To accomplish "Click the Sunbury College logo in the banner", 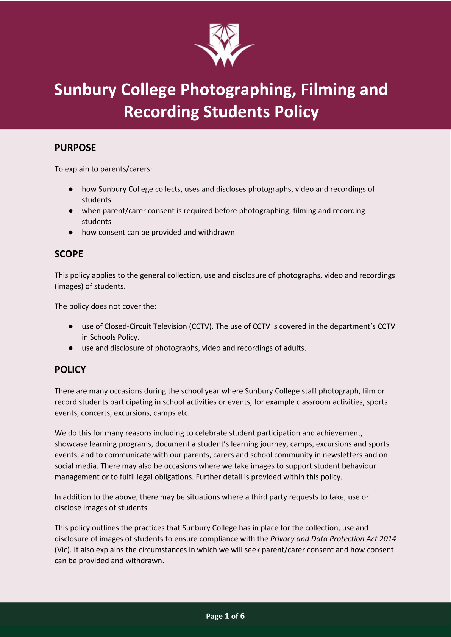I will [225, 45].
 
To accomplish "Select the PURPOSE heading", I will [75, 148].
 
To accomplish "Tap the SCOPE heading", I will [69, 254].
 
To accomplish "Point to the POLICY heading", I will [70, 370].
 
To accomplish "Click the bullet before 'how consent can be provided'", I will [71, 232].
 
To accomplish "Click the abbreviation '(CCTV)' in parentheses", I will [201, 326].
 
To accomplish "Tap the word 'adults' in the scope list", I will [294, 348].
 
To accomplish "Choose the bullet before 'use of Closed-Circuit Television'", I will [71, 326].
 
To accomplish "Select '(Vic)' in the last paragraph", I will [63, 550].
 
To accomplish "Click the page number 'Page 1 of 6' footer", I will [225, 616].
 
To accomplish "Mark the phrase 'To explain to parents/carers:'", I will [103, 169].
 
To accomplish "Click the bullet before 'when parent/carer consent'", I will [71, 211].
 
